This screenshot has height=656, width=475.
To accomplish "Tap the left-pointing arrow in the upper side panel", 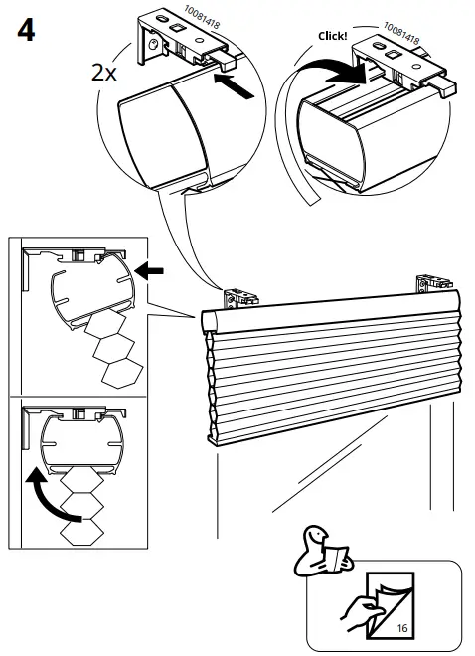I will click(x=149, y=269).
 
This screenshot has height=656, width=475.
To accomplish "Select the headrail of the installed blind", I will click(x=328, y=308).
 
